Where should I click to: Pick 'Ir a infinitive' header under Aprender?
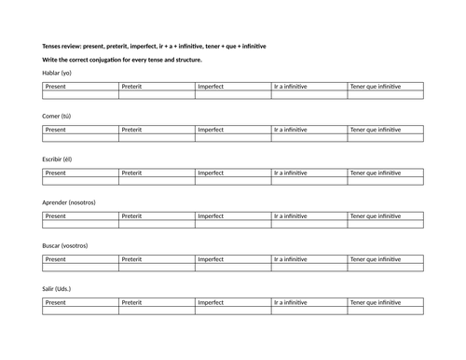pos(292,215)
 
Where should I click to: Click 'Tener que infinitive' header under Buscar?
pos(376,259)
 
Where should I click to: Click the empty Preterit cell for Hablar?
pos(157,94)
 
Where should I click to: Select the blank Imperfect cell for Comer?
pos(233,138)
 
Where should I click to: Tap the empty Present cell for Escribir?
pos(80,181)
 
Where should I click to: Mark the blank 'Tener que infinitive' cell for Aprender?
pos(385,224)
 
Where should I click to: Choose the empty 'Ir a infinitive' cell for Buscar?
pos(309,268)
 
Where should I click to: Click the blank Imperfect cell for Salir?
pos(233,311)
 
